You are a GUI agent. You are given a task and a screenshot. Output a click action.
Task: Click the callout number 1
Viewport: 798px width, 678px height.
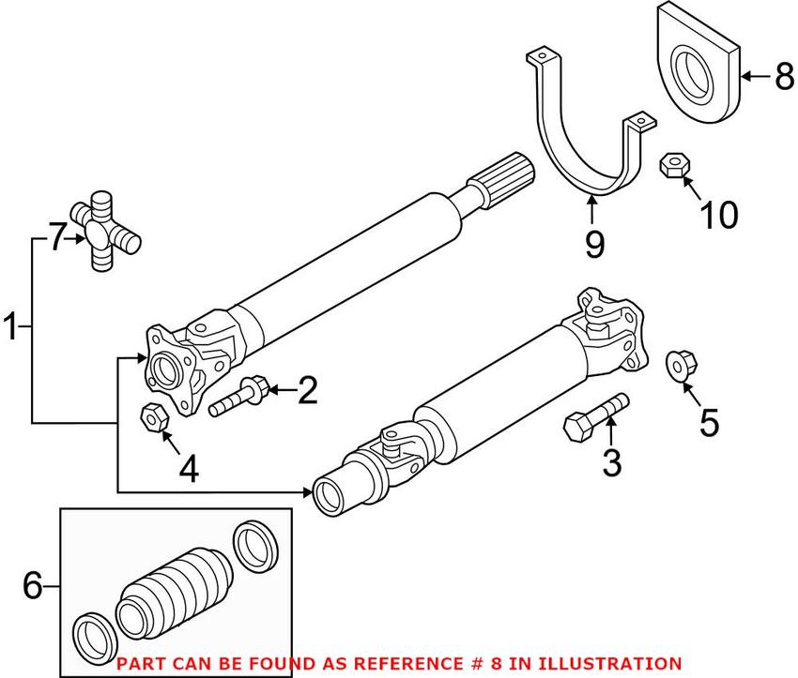coord(12,328)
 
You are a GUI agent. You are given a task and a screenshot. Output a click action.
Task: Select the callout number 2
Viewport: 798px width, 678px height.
coord(307,390)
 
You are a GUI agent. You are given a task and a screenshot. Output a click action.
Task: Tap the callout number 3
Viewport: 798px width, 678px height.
coord(612,461)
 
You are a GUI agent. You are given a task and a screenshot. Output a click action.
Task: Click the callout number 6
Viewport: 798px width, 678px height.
coord(33,587)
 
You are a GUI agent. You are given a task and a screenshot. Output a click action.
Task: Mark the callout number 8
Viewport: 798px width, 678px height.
coord(783,76)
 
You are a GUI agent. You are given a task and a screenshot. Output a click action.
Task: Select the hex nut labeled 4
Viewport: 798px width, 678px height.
coord(152,416)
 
